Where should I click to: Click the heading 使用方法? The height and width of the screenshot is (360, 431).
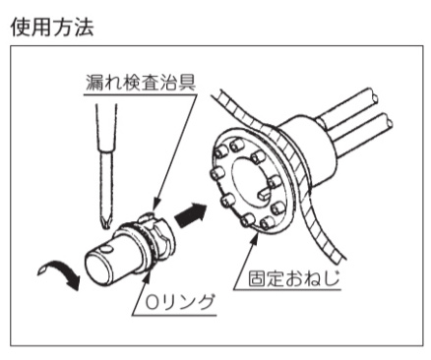(52, 27)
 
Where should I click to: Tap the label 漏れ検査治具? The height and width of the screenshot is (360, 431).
(141, 83)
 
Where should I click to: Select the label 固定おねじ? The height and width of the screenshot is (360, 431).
(293, 278)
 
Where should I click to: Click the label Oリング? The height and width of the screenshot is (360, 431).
(180, 302)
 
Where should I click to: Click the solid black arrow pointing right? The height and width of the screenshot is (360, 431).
(191, 214)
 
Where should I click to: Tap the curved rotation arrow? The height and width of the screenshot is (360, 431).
(61, 272)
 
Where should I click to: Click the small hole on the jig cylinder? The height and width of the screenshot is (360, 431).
(106, 250)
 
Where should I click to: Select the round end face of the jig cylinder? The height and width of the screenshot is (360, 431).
(97, 268)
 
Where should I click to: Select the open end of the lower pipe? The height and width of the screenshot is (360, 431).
(389, 121)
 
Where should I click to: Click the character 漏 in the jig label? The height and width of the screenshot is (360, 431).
(94, 83)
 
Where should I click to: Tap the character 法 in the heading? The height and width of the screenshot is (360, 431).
(85, 27)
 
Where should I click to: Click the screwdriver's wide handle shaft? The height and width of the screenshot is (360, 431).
(106, 128)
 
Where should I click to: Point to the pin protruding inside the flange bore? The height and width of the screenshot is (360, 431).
(264, 194)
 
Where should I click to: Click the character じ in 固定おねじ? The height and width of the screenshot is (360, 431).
(333, 278)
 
